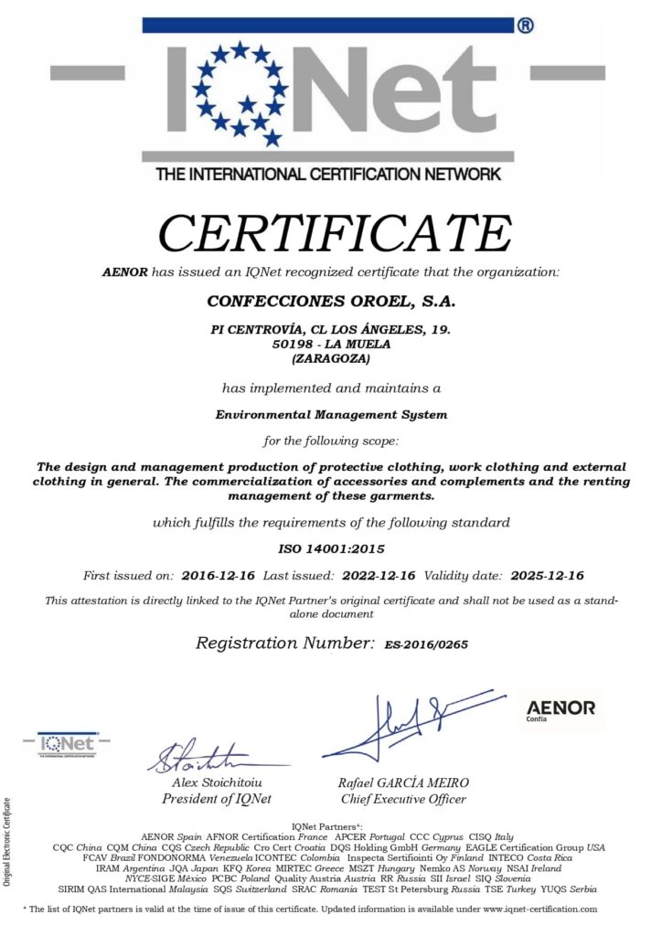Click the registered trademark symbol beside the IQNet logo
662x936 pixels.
pyautogui.click(x=526, y=26)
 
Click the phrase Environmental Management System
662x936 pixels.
pyautogui.click(x=331, y=414)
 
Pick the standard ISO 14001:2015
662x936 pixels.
pyautogui.click(x=331, y=549)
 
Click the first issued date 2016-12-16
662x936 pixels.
pyautogui.click(x=219, y=575)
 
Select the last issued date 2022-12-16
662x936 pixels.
pyautogui.click(x=379, y=575)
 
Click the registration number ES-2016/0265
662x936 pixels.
pyautogui.click(x=426, y=644)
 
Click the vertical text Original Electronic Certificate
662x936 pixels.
pyautogui.click(x=8, y=842)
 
